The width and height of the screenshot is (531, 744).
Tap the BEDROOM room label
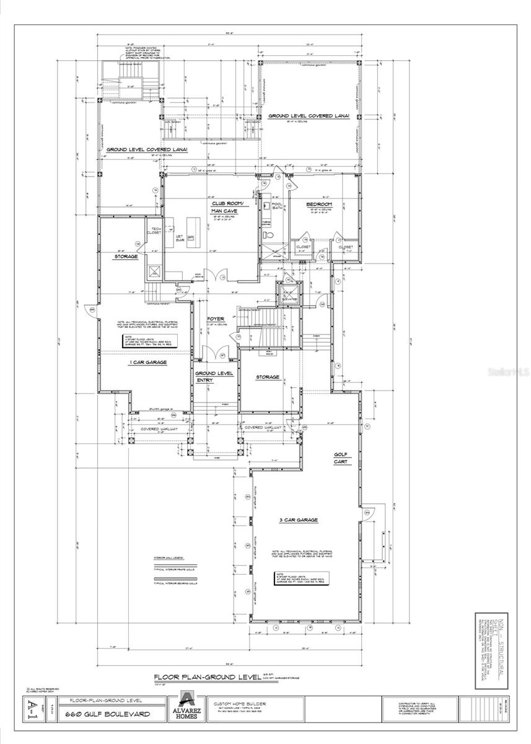[319, 204]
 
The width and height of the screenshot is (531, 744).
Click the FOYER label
[216, 319]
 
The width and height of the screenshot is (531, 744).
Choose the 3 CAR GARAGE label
[299, 520]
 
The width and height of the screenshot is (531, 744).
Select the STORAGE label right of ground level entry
[268, 376]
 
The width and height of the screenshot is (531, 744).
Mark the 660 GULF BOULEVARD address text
[109, 714]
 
